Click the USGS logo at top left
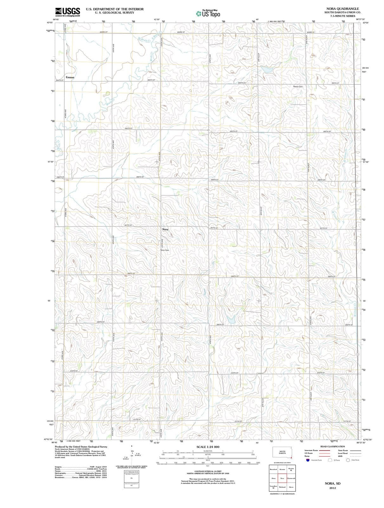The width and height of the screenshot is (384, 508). tap(67, 12)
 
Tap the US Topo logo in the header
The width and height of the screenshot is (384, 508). tap(208, 14)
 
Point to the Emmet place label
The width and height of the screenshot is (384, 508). tap(70, 77)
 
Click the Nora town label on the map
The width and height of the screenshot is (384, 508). tap(165, 229)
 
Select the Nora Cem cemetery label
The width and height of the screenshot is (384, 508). tap(165, 250)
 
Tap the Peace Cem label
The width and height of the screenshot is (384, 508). tap(298, 86)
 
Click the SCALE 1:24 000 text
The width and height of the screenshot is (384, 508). tap(208, 447)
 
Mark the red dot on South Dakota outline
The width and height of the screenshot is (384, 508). tap(291, 458)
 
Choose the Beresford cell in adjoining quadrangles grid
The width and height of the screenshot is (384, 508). tap(273, 469)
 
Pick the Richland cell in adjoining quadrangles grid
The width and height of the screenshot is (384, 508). tap(282, 487)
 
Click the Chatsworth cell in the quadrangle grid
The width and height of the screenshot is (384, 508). tap(291, 478)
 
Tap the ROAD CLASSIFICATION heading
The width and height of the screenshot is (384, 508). tap(333, 446)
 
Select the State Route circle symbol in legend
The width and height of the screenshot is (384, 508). tap(348, 460)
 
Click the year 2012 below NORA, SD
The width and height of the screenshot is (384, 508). tap(332, 488)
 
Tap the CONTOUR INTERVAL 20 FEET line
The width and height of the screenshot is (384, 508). tap(208, 471)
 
